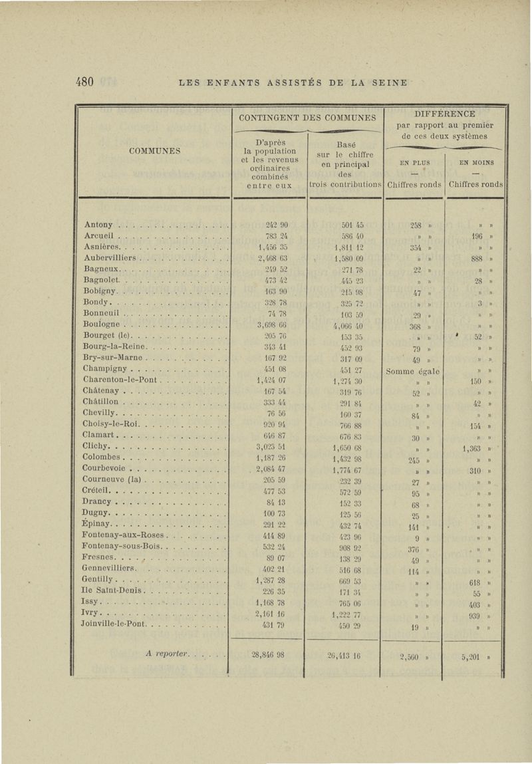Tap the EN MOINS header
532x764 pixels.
tap(475, 162)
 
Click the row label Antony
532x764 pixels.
tap(99, 225)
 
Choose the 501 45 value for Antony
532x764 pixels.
tap(343, 225)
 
